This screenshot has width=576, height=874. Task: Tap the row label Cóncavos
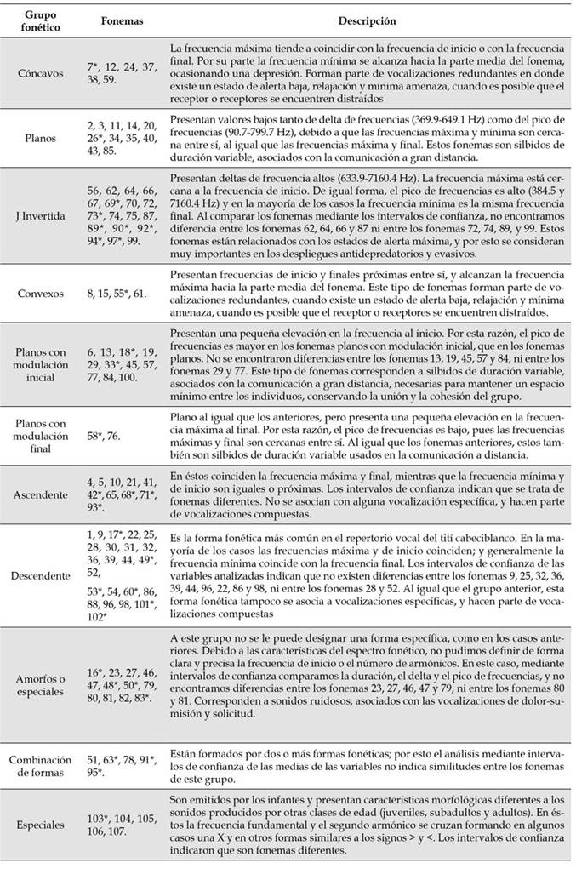tap(39, 74)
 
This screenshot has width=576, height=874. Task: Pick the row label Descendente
tap(39, 576)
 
